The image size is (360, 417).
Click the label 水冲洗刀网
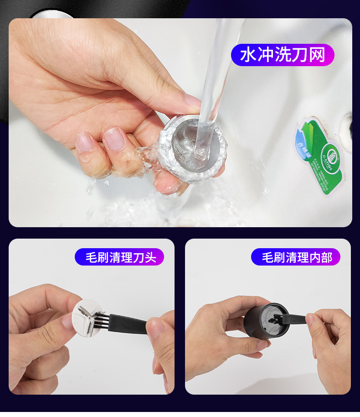(283, 55)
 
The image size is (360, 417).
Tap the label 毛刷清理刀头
(119, 257)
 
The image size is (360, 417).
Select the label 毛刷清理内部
(296, 257)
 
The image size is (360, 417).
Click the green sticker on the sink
(319, 156)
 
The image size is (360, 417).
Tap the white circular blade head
(88, 318)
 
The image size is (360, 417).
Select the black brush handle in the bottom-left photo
(128, 324)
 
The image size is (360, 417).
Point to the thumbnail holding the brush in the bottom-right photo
(311, 318)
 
